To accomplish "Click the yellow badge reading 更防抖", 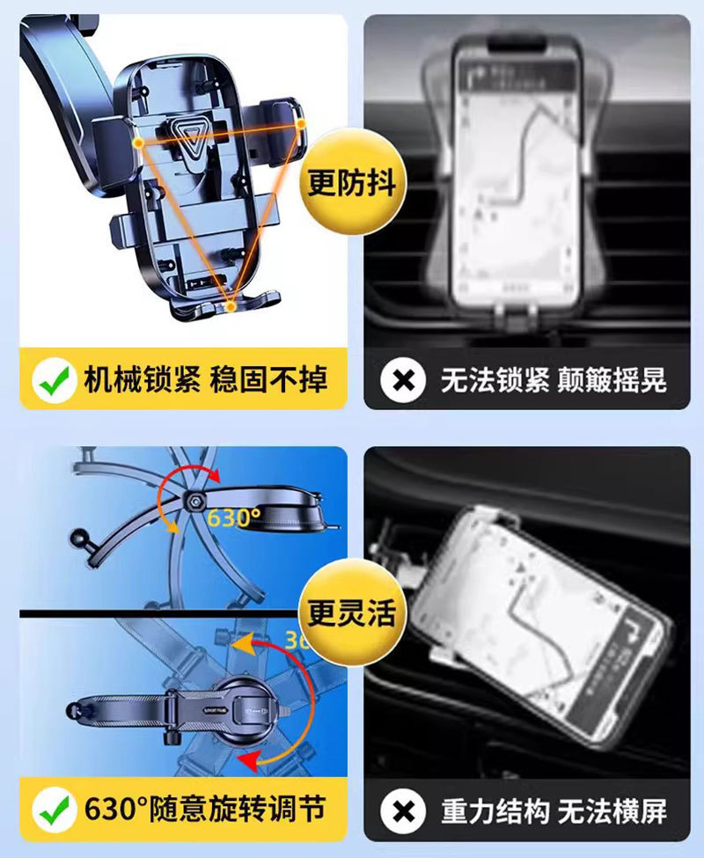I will [x=352, y=183].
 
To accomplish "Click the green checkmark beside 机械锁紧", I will [x=55, y=380].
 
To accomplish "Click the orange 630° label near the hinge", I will [x=234, y=516].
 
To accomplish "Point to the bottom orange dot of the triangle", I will [x=231, y=306].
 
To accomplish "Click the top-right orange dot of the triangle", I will [x=301, y=124].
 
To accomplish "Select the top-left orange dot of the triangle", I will [x=139, y=141].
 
